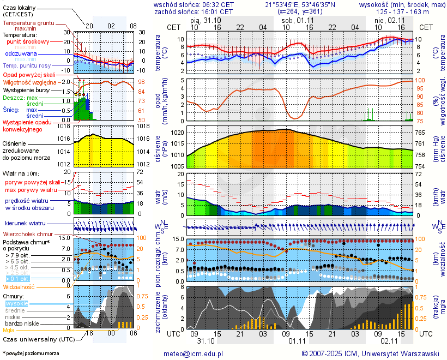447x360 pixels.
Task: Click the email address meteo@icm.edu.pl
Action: click(x=194, y=353)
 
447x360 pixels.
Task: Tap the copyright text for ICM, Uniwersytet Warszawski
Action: click(x=371, y=353)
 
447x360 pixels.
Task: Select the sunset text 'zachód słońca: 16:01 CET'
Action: click(x=194, y=11)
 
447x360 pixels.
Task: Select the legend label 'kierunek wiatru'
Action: click(x=25, y=223)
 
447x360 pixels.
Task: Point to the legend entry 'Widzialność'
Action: click(x=19, y=286)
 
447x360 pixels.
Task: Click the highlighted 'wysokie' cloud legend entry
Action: click(x=16, y=303)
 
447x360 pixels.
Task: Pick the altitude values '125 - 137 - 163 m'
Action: click(x=402, y=11)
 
